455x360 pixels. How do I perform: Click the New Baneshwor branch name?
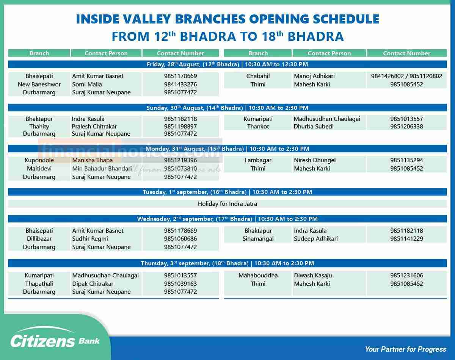point(39,84)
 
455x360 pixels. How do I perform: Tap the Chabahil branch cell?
point(258,76)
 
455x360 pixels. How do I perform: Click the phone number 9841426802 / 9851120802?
point(406,76)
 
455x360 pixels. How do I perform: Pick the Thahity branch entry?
point(39,126)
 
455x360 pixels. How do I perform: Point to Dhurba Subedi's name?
point(314,126)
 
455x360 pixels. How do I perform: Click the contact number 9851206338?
point(406,126)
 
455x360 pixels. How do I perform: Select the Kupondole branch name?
point(39,160)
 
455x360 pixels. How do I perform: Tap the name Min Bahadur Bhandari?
point(102,168)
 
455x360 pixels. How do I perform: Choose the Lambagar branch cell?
point(258,160)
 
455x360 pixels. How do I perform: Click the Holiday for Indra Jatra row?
point(227,203)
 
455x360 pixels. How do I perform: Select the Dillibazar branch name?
point(39,238)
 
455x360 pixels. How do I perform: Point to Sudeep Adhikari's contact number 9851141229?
point(406,238)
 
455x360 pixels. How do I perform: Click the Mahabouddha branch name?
point(258,275)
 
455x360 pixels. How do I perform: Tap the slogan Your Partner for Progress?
point(405,349)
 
